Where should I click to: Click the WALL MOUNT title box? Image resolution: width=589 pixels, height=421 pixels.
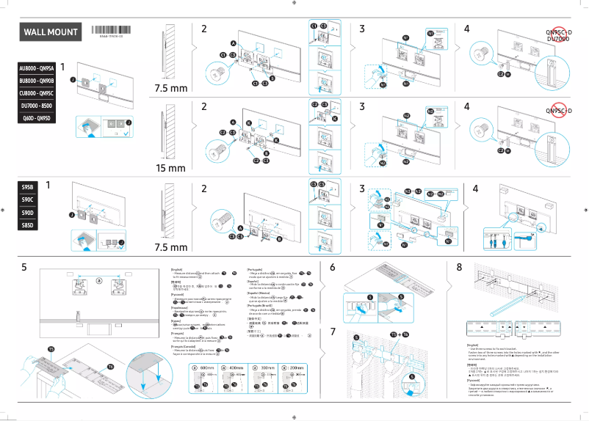pyautogui.click(x=50, y=33)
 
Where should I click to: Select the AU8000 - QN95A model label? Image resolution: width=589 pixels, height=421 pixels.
pyautogui.click(x=37, y=67)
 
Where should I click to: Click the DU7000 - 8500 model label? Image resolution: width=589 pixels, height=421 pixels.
pyautogui.click(x=37, y=106)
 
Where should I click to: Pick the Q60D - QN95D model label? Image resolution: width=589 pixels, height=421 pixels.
pyautogui.click(x=37, y=118)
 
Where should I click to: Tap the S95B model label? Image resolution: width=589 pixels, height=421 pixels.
pyautogui.click(x=28, y=187)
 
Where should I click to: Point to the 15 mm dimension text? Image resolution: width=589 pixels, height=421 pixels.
pyautogui.click(x=170, y=168)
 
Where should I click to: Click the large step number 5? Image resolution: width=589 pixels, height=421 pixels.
pyautogui.click(x=25, y=267)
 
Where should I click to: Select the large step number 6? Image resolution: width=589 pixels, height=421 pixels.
pyautogui.click(x=333, y=267)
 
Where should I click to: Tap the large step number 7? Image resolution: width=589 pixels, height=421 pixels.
pyautogui.click(x=333, y=332)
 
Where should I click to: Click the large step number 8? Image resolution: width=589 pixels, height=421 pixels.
pyautogui.click(x=460, y=267)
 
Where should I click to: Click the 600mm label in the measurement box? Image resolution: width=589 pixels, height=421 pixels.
pyautogui.click(x=206, y=367)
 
